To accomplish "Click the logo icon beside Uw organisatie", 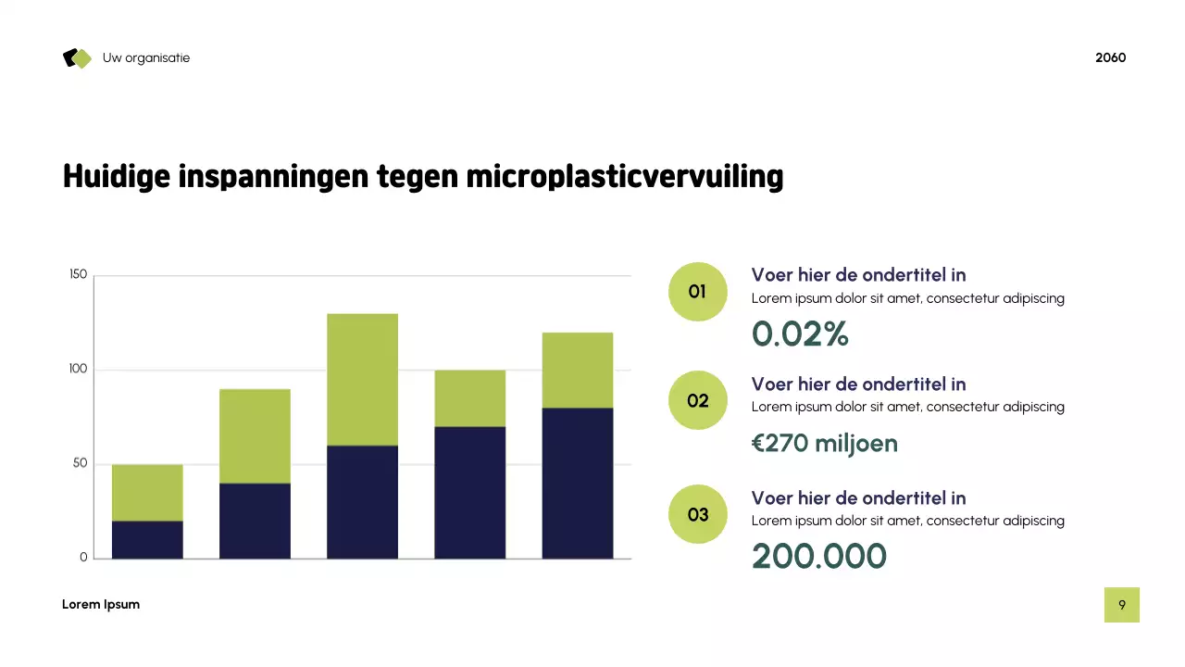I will pos(78,58).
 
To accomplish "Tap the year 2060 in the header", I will pos(1110,57).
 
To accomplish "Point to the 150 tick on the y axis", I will pos(78,275).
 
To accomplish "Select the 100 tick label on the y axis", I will pos(78,370).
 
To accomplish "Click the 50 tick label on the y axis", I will pos(80,464).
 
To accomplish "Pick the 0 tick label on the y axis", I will pos(83,558).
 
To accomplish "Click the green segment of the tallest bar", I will pos(362,379).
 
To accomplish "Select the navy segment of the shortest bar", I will pos(147,539).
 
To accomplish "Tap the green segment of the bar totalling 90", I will pos(255,435).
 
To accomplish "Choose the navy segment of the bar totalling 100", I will pos(469,492).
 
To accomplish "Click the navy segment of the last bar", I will pos(577,483).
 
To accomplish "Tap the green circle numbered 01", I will pos(697,292).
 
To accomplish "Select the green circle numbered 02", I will pos(697,400).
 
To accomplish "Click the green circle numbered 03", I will pos(697,514).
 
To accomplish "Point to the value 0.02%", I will pos(800,334).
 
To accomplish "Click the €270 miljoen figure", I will pos(824,444).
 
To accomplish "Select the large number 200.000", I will pos(818,557).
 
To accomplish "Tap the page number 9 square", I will pos(1121,605).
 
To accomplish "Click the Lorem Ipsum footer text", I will pos(101,605).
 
